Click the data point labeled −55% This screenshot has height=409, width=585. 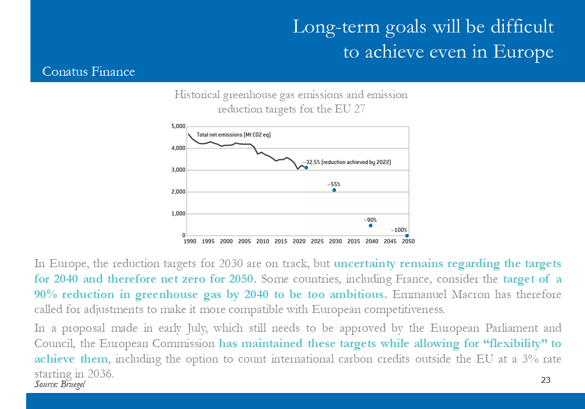[334, 190]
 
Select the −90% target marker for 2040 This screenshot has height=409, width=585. [370, 226]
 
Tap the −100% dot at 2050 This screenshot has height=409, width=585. [407, 236]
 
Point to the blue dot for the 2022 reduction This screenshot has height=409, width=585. [306, 168]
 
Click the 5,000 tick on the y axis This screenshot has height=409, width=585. [178, 126]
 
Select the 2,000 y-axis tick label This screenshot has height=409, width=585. [178, 191]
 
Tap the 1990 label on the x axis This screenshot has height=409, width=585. [190, 241]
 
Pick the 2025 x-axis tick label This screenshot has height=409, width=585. [317, 241]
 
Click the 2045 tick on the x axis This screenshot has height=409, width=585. [390, 241]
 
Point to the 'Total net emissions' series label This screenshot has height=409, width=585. [234, 134]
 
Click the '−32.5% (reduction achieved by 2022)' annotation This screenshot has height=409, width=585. [346, 162]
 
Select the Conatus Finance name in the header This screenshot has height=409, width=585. [89, 71]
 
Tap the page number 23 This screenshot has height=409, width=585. [546, 380]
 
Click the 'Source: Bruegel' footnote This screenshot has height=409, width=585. [60, 384]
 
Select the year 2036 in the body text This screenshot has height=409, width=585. [100, 374]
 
